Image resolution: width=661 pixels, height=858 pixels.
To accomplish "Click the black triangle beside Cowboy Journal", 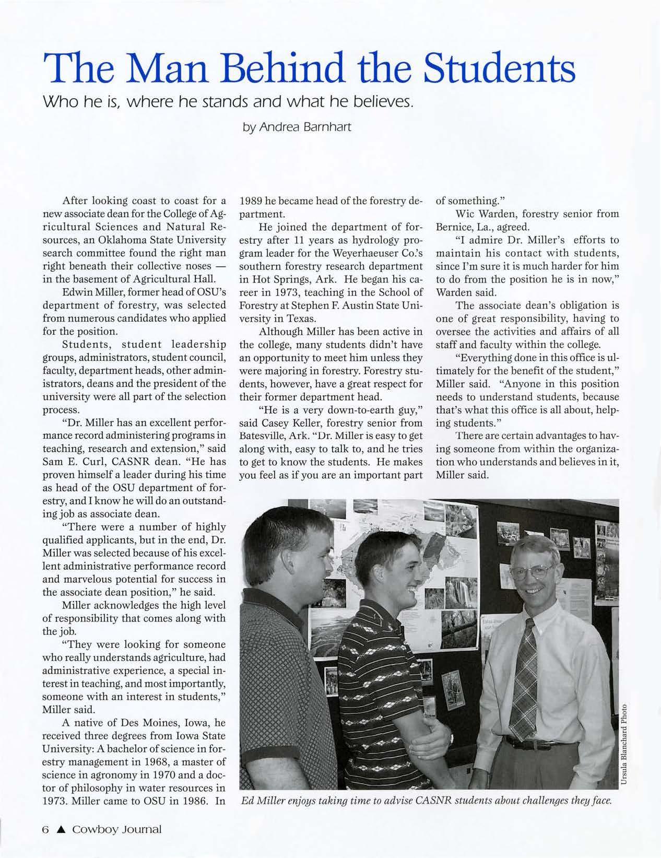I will [61, 829].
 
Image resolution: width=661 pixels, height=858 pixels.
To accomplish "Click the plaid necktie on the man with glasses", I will [524, 674].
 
